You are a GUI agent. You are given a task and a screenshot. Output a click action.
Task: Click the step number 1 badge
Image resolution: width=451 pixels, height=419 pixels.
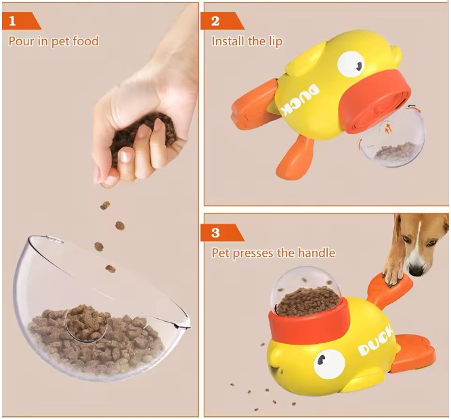[21, 21]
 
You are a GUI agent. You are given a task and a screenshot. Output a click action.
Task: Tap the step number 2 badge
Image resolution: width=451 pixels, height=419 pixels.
[221, 21]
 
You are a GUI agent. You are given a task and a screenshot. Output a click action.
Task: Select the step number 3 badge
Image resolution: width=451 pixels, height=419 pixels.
[221, 232]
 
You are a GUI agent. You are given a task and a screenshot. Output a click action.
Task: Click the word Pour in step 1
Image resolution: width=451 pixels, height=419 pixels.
[21, 41]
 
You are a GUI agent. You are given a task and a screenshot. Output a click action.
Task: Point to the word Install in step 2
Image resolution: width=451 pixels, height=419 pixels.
[228, 41]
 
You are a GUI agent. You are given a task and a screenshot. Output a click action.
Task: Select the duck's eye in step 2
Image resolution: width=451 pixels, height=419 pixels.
[351, 64]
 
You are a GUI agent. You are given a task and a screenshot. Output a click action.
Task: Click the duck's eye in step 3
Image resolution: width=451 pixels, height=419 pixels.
[329, 364]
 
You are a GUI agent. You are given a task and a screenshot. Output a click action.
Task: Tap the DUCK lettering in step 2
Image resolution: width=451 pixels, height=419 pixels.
[300, 99]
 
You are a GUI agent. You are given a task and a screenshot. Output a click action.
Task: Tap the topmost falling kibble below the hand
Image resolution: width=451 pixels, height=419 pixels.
[105, 205]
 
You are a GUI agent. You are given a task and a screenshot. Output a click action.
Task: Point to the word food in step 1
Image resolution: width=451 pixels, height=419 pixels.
[85, 41]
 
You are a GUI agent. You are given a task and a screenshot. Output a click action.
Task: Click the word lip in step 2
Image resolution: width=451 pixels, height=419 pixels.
[276, 42]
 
